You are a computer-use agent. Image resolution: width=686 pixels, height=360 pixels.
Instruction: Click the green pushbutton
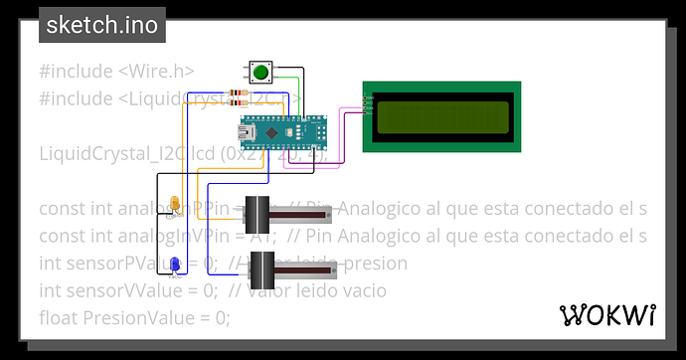tap(261, 73)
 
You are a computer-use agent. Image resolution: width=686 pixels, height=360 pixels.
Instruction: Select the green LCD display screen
tap(438, 115)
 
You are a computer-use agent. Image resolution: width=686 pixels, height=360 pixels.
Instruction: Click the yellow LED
tap(175, 205)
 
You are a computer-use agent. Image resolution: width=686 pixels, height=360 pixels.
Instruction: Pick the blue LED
tap(175, 264)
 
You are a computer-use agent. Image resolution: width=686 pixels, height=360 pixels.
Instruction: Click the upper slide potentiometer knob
tap(257, 214)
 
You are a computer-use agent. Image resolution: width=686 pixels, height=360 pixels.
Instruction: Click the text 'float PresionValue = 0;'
tap(134, 317)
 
